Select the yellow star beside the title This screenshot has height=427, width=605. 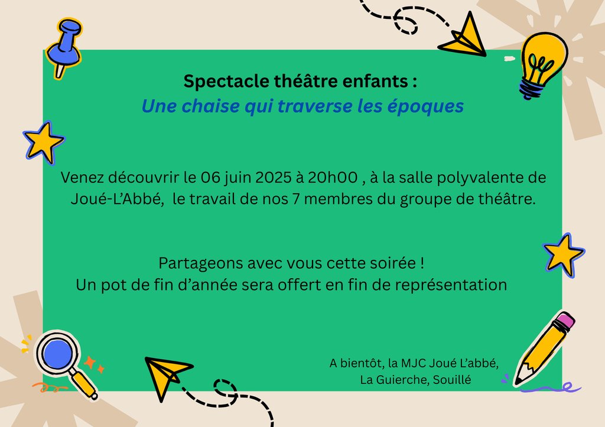(x=43, y=142)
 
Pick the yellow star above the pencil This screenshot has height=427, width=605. (x=564, y=255)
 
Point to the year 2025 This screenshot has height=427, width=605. (x=273, y=177)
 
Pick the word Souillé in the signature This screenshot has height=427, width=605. (x=452, y=380)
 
